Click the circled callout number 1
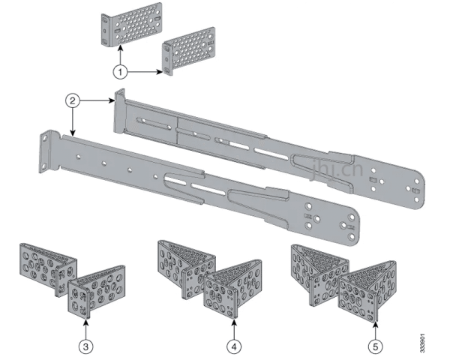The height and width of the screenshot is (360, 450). click(120, 72)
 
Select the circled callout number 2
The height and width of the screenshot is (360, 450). click(70, 99)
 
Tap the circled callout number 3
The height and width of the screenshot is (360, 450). click(86, 346)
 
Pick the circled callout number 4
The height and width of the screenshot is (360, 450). click(235, 346)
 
